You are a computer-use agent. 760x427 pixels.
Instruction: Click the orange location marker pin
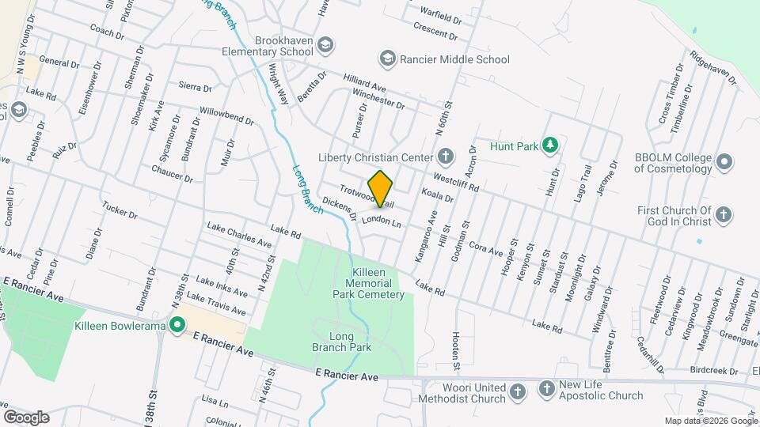(x=380, y=188)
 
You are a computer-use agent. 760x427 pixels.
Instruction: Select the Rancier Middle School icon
(x=387, y=59)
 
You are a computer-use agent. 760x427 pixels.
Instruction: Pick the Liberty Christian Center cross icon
(x=446, y=156)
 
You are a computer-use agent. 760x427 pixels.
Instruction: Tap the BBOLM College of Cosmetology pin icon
(x=723, y=163)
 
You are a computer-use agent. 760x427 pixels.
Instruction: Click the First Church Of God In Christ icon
(x=723, y=214)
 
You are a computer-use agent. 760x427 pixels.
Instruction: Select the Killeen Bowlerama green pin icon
(x=177, y=325)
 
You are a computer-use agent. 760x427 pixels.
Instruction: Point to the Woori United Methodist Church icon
(x=517, y=392)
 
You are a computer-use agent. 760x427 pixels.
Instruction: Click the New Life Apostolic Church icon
(x=546, y=388)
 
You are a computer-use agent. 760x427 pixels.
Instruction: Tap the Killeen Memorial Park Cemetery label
(x=378, y=283)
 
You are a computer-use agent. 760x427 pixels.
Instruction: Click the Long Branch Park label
(x=352, y=342)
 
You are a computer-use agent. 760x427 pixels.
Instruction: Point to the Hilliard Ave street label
(x=363, y=83)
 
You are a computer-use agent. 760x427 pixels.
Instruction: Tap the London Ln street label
(x=382, y=221)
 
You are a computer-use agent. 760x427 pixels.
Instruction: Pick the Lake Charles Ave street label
(x=239, y=234)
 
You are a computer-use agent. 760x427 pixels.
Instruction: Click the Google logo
(x=26, y=417)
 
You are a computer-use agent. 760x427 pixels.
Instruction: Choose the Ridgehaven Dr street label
(x=712, y=68)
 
